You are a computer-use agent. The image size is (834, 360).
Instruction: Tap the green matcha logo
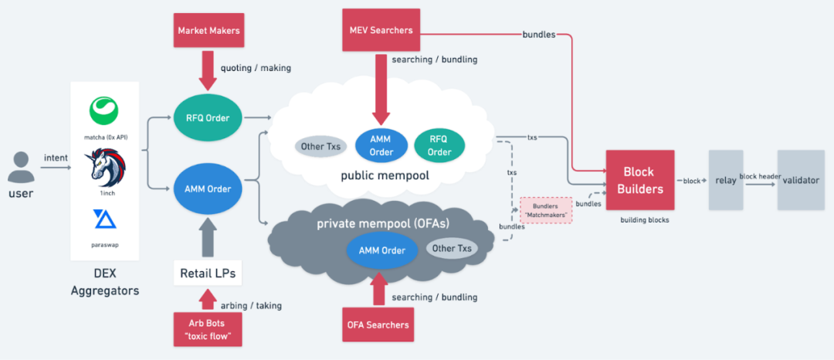(103, 110)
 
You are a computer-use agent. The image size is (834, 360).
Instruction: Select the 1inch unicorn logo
(105, 167)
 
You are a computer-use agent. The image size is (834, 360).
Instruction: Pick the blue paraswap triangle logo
(105, 219)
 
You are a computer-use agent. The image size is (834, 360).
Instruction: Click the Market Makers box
(208, 30)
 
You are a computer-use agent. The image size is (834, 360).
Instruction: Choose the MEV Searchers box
(380, 30)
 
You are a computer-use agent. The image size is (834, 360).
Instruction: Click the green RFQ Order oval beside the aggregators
(208, 118)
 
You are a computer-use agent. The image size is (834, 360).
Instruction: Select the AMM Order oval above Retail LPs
(208, 187)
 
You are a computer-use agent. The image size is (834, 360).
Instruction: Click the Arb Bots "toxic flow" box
(208, 330)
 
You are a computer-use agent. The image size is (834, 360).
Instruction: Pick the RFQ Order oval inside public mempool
(439, 146)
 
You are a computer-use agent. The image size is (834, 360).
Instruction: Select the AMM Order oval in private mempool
(381, 250)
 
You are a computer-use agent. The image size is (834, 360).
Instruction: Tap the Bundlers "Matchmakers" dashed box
(545, 210)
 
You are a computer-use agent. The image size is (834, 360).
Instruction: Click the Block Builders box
(640, 180)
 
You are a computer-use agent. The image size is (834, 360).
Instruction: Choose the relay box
(725, 180)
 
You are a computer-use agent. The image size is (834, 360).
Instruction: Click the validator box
(801, 180)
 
